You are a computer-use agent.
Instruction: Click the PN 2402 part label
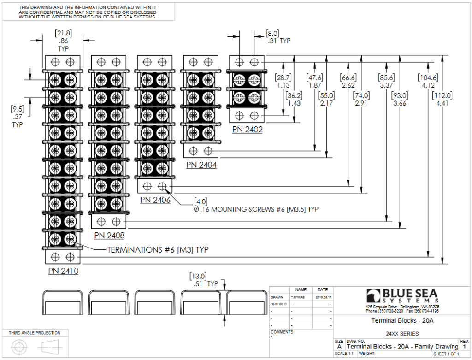(x=248, y=130)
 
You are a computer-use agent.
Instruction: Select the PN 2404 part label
(x=201, y=165)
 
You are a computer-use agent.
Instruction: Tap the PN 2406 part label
(x=155, y=200)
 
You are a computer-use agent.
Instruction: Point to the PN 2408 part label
(x=109, y=235)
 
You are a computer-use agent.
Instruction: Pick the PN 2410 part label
(x=63, y=271)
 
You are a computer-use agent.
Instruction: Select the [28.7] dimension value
(x=283, y=77)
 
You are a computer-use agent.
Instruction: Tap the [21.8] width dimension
(x=63, y=33)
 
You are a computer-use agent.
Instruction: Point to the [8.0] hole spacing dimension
(x=272, y=33)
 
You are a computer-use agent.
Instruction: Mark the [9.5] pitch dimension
(x=18, y=109)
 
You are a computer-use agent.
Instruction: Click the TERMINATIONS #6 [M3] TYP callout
(x=158, y=250)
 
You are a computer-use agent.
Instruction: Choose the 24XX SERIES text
(x=402, y=334)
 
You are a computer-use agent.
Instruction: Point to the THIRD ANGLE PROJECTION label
(x=35, y=333)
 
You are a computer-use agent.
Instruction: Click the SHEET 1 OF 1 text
(x=446, y=354)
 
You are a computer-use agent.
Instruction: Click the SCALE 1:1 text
(x=344, y=354)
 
